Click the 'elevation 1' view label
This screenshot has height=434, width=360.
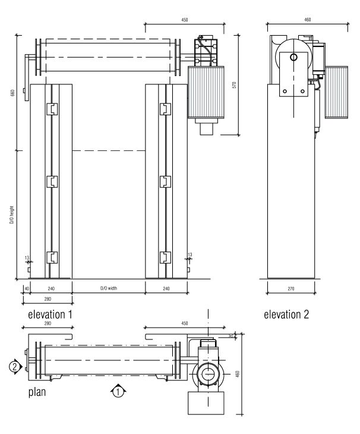point(50,314)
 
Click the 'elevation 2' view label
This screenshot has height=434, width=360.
point(286,314)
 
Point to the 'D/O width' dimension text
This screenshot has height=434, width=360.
point(109,288)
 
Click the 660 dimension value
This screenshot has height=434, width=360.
point(11,95)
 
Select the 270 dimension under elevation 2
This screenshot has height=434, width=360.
point(290,288)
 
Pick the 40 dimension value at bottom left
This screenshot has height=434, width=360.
point(26,288)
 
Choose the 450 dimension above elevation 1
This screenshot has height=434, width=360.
point(184,20)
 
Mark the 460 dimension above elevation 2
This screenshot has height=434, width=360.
point(307,20)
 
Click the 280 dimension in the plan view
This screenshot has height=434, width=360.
point(48,324)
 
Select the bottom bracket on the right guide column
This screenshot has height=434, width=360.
point(165,257)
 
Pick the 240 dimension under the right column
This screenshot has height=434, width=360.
point(167,288)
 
